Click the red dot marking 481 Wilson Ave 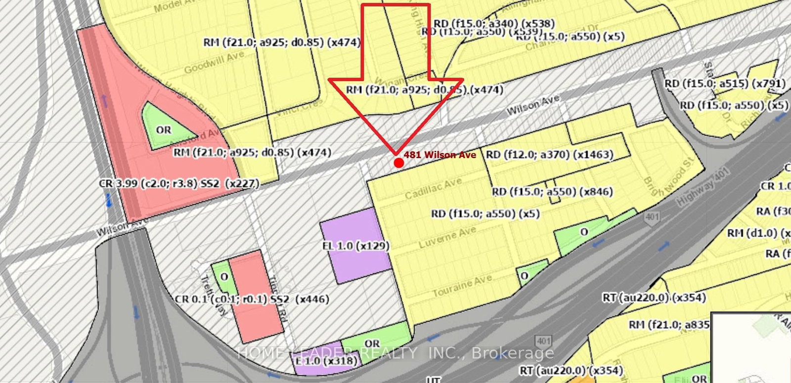(x=398, y=163)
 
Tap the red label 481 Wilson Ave (x=439, y=155)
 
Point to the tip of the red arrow (x=395, y=152)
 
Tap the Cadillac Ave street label (x=433, y=188)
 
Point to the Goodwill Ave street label (x=214, y=63)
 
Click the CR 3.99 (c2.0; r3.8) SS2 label (x=179, y=184)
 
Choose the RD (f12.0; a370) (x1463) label (x=549, y=155)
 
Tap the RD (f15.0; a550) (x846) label (x=552, y=192)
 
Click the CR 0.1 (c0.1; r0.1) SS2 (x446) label (x=252, y=299)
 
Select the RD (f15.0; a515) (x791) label (x=724, y=84)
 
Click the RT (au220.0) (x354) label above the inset (x=654, y=298)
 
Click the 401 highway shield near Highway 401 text (x=652, y=217)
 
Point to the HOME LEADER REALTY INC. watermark (x=395, y=353)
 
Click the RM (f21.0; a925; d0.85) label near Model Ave (x=282, y=43)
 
